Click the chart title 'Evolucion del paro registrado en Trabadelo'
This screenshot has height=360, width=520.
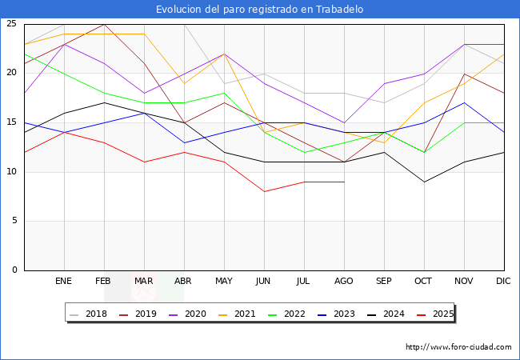click(x=260, y=10)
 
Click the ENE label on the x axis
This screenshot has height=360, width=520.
click(x=64, y=282)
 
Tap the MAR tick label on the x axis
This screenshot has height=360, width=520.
click(x=144, y=282)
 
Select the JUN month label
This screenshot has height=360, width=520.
click(x=264, y=282)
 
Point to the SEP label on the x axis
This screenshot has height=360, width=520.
click(x=384, y=282)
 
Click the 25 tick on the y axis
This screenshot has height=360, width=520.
click(x=11, y=24)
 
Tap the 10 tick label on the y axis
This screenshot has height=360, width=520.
click(x=11, y=172)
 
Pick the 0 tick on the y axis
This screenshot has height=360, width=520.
click(x=14, y=270)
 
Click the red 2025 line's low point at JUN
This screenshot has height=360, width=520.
click(x=264, y=192)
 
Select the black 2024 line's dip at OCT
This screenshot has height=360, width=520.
click(x=424, y=182)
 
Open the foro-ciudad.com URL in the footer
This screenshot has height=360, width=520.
click(x=458, y=347)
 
